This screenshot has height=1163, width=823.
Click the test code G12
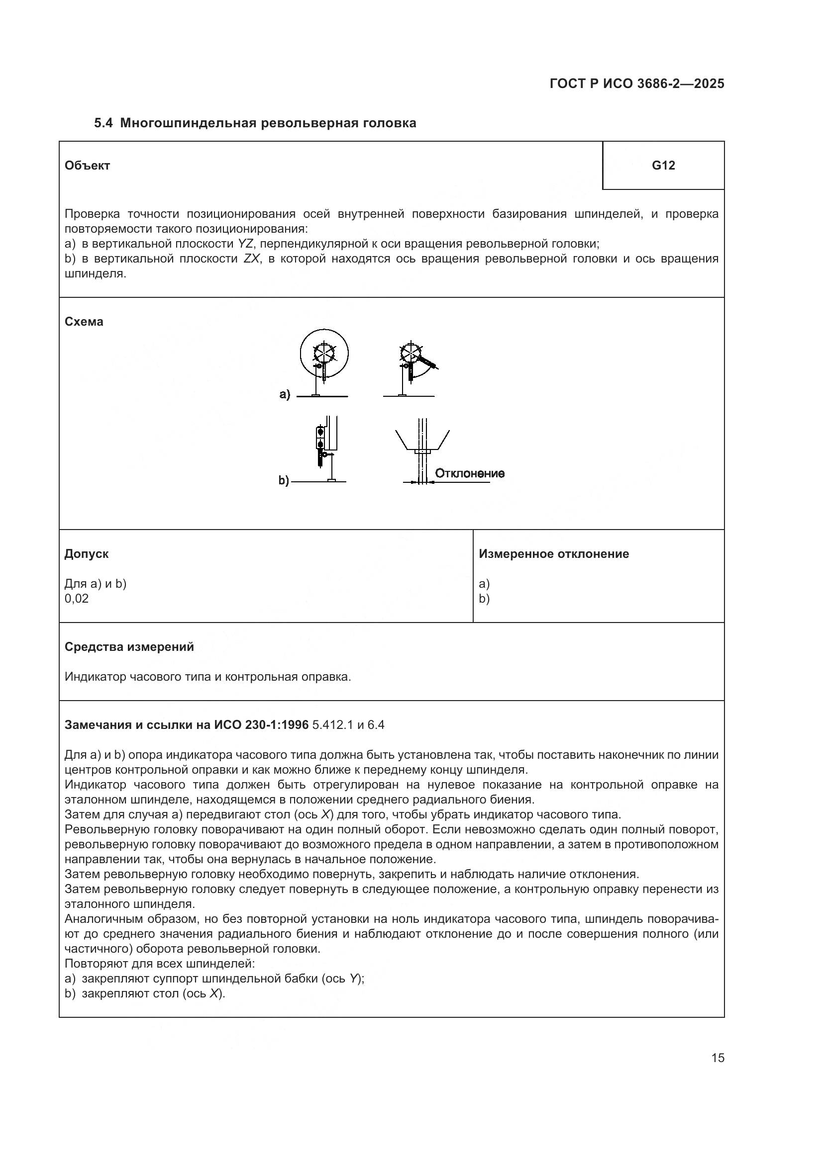point(663,166)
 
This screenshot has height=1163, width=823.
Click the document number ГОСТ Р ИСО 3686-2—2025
point(636,84)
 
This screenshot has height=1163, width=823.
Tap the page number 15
point(718,1058)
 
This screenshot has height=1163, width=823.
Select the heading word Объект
point(87,166)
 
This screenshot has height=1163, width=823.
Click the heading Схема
point(84,322)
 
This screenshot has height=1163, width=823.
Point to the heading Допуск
point(86,553)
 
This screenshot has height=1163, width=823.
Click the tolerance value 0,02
point(77,599)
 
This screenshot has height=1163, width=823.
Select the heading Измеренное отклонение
point(553,553)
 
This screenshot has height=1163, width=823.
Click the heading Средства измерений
point(129,647)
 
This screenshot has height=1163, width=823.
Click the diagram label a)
point(285,394)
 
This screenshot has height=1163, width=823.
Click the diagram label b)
point(284,480)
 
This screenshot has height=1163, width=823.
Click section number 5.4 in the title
point(104,123)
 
